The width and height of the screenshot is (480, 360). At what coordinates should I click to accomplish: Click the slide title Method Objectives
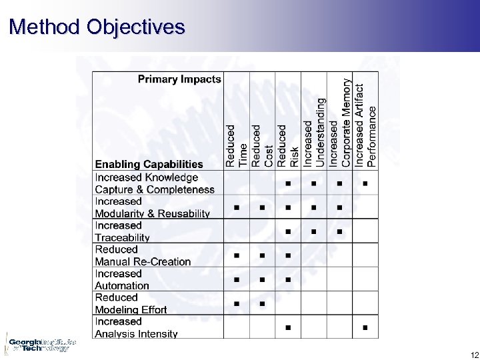click(97, 27)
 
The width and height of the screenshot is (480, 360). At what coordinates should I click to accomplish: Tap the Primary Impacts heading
click(179, 79)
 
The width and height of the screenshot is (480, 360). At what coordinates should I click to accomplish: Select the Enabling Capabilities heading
click(149, 164)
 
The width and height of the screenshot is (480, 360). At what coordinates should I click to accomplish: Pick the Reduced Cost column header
click(262, 145)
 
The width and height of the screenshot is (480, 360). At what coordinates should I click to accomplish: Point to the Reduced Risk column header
click(288, 145)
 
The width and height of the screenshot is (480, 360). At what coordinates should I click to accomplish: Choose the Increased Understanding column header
click(313, 133)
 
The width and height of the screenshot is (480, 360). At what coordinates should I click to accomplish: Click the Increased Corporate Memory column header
click(339, 123)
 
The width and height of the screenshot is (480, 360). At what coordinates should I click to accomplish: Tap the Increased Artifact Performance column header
click(365, 125)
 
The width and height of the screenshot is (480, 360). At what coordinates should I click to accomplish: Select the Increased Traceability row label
click(122, 231)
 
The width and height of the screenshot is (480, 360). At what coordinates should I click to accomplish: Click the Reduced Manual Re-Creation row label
click(143, 255)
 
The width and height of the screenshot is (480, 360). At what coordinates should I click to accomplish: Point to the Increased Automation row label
click(122, 279)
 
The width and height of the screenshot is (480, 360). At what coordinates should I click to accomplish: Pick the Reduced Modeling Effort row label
click(131, 303)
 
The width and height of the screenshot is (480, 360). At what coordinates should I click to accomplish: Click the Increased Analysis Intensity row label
click(136, 327)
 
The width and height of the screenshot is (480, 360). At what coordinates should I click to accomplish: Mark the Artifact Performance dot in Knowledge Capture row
click(365, 183)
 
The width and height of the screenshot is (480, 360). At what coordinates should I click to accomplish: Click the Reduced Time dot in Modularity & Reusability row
click(237, 207)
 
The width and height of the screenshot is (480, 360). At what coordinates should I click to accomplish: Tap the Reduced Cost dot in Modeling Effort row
click(262, 303)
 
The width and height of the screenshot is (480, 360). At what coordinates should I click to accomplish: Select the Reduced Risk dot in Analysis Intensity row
click(288, 327)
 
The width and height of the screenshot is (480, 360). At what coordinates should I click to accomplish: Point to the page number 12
click(474, 354)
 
